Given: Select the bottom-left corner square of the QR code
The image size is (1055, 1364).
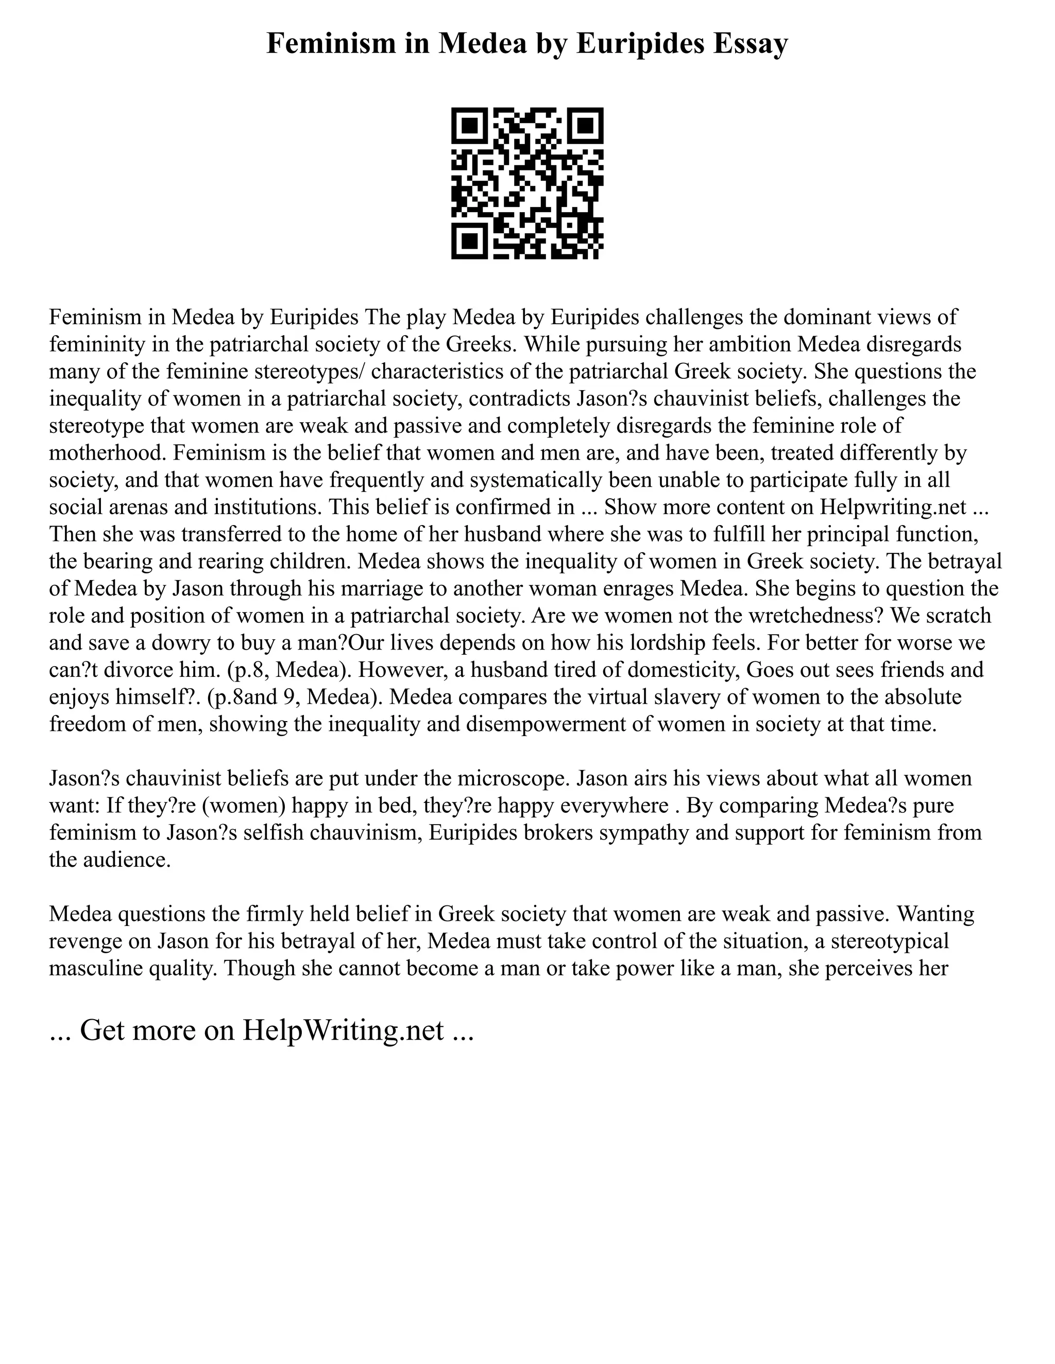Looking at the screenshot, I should (x=469, y=241).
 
